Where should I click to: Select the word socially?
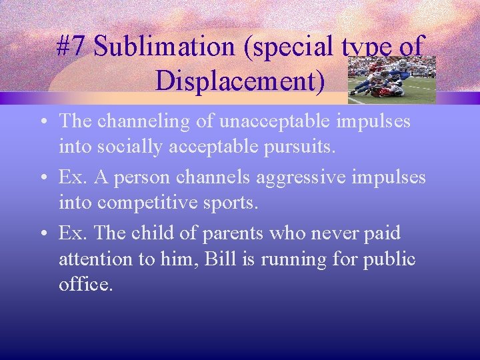(x=128, y=146)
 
